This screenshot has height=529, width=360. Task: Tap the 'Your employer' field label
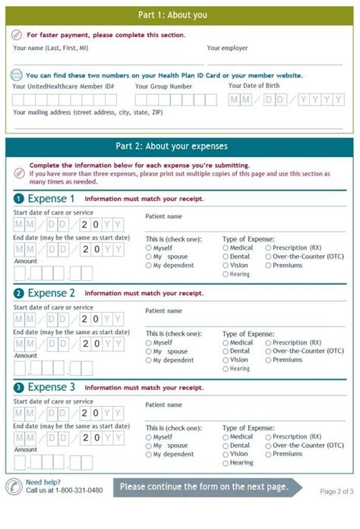pyautogui.click(x=227, y=48)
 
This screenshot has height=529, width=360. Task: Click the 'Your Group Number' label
pyautogui.click(x=163, y=87)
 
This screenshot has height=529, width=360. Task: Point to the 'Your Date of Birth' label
pyautogui.click(x=258, y=85)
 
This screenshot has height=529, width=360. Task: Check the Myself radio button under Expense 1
pyautogui.click(x=148, y=247)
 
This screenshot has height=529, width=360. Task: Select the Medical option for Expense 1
pyautogui.click(x=226, y=247)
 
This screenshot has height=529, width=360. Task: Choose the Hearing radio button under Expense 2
pyautogui.click(x=226, y=369)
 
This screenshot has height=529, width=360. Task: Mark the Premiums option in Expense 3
pyautogui.click(x=268, y=454)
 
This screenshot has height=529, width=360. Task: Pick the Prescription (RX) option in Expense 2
pyautogui.click(x=268, y=343)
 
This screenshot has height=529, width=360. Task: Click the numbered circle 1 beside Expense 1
pyautogui.click(x=18, y=200)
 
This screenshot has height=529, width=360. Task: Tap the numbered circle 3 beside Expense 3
pyautogui.click(x=18, y=388)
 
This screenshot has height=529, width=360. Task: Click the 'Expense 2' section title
pyautogui.click(x=52, y=293)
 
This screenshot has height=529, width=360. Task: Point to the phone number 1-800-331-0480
pyautogui.click(x=74, y=490)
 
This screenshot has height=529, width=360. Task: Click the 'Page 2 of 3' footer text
pyautogui.click(x=336, y=491)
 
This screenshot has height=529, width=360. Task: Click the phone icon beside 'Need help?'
pyautogui.click(x=14, y=486)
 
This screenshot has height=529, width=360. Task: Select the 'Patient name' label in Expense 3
pyautogui.click(x=163, y=405)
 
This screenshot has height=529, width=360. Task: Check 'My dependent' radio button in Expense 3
pyautogui.click(x=148, y=455)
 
